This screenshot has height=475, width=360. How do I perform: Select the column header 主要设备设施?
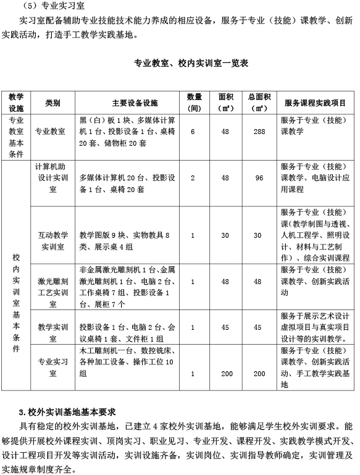click(x=129, y=103)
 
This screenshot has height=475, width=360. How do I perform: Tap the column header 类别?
click(x=52, y=103)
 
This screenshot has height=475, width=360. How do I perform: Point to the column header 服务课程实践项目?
click(x=315, y=103)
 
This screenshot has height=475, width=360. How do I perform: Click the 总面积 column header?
click(x=259, y=103)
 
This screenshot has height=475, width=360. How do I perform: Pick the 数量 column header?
click(x=194, y=103)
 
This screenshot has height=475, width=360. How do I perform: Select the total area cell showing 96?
click(x=259, y=178)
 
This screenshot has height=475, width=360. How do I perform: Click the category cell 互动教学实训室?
click(x=52, y=235)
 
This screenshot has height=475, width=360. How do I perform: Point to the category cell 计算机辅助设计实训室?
click(x=52, y=178)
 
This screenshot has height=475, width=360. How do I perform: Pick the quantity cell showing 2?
click(x=193, y=178)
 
